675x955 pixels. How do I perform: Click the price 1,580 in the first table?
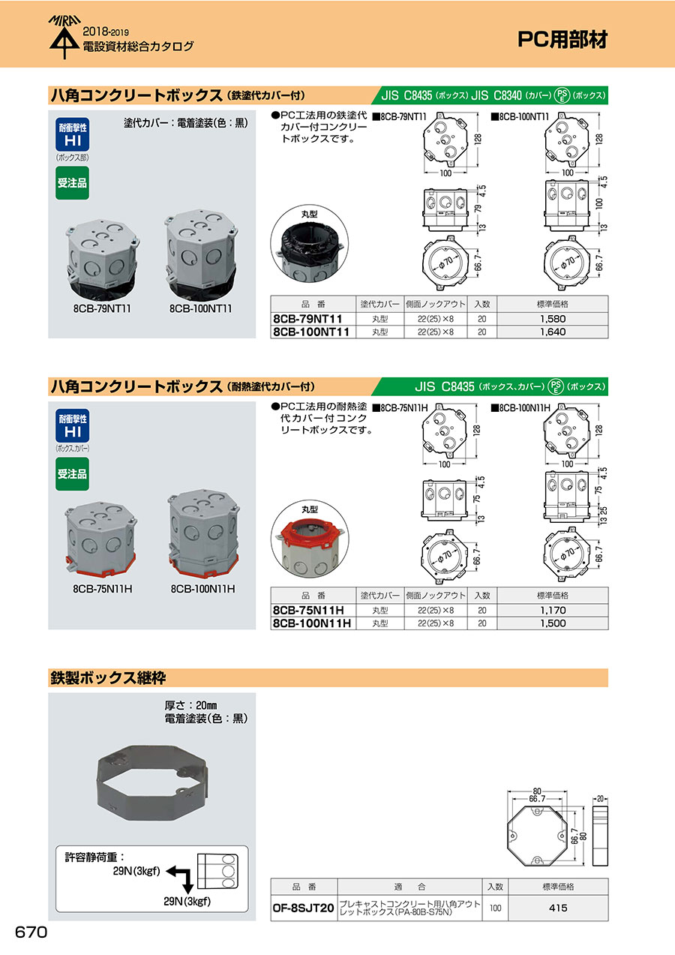553,319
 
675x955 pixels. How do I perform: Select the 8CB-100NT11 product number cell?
311,332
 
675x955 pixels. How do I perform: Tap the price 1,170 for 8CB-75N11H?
553,611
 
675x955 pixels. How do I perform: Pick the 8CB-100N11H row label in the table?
312,623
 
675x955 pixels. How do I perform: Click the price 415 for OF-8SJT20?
558,908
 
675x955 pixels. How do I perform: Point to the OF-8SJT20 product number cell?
304,908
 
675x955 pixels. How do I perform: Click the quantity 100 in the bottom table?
495,908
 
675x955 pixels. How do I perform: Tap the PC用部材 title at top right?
562,40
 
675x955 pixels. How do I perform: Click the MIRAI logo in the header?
64,37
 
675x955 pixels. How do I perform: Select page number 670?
31,932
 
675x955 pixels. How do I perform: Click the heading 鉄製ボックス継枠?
108,678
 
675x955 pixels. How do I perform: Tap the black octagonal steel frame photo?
152,782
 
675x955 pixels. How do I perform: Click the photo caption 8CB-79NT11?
102,308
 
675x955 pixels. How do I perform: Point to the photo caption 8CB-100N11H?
202,589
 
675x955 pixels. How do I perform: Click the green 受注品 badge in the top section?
73,183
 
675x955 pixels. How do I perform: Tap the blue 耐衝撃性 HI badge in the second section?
73,425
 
